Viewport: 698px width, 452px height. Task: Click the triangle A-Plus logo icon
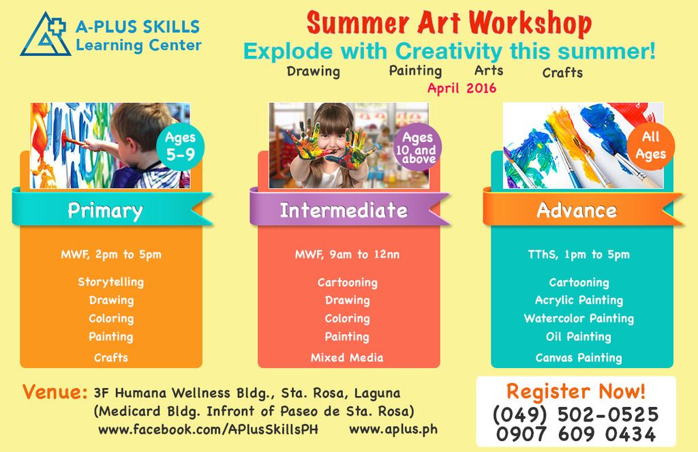[44, 35]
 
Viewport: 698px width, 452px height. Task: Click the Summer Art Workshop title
[449, 23]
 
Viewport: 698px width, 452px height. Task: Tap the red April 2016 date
[461, 88]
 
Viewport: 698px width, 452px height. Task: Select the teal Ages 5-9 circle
[180, 147]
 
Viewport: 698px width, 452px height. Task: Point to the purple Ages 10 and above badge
[418, 147]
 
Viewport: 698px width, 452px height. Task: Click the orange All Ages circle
[651, 146]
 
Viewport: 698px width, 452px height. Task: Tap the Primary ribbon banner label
[105, 210]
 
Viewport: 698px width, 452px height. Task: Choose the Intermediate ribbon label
[344, 210]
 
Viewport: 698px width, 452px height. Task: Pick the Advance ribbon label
[577, 210]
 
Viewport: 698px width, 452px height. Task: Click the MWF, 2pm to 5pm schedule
[111, 255]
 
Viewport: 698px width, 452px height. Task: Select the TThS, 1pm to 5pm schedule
[579, 255]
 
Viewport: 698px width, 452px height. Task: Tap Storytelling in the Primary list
[111, 282]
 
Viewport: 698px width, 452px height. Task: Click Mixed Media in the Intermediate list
[347, 358]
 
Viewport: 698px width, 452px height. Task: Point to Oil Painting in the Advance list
[579, 337]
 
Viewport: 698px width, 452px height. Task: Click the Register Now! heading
[575, 391]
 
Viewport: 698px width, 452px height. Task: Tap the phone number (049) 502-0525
[575, 414]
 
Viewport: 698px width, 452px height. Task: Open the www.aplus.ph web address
[393, 430]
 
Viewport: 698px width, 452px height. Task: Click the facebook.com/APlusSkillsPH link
[209, 430]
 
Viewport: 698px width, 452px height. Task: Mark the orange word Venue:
[55, 392]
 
